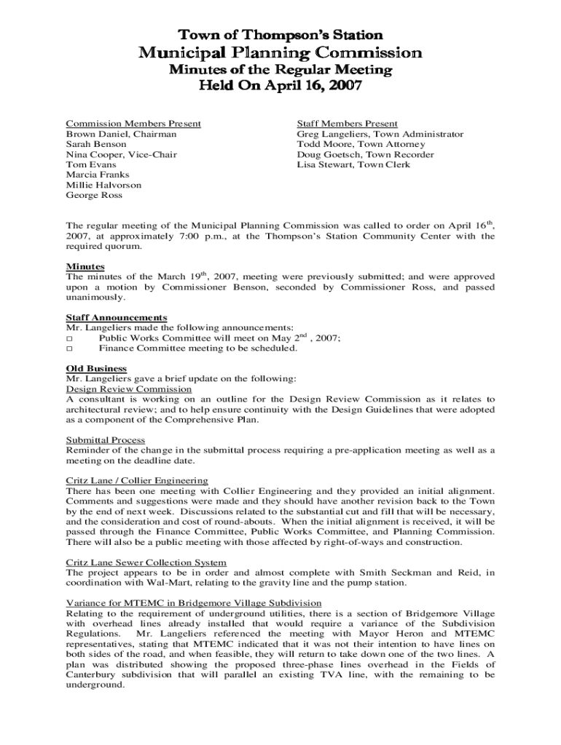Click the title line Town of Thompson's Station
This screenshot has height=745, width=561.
pos(280,35)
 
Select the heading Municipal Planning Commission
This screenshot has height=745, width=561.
pos(280,52)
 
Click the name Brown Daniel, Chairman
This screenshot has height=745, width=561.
pos(121,135)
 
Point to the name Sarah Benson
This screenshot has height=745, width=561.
pos(96,145)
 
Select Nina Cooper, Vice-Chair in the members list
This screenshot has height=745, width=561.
pos(121,155)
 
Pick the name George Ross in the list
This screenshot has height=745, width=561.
pos(94,195)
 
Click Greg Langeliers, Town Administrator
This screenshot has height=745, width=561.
pos(380,135)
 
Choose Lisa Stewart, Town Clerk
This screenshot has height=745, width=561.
pos(353,164)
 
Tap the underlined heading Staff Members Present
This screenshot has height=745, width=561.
pos(347,124)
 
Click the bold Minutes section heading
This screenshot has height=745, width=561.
pos(85,267)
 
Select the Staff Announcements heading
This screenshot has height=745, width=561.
pos(117,318)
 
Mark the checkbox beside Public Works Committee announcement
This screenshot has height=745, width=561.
pos(70,339)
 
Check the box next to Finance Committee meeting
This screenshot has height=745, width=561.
pos(70,349)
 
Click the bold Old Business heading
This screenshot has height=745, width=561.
pos(96,369)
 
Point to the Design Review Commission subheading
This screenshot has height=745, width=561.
pos(129,389)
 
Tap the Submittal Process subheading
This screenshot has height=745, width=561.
pos(106,440)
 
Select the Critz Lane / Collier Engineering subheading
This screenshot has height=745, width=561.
pos(137,481)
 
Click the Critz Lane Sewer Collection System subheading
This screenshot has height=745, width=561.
pos(146,562)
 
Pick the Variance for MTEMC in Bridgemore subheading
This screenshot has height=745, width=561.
pos(194,603)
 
